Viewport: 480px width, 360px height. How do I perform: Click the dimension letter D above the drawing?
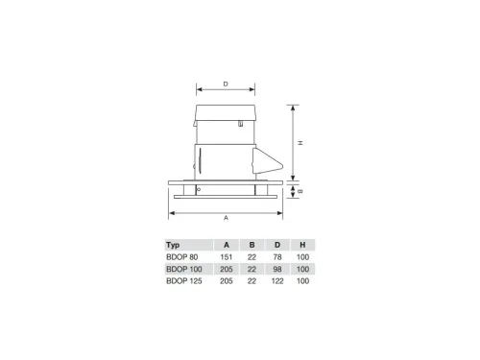point(226,84)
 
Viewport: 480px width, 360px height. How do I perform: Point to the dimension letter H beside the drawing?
point(300,143)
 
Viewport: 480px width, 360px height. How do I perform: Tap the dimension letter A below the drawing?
point(226,218)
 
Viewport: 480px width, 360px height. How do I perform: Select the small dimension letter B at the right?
point(300,191)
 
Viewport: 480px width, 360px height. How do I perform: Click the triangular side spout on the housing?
point(267,160)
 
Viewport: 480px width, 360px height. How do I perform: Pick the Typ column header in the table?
point(173,245)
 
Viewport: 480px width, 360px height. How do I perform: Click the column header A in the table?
point(227,245)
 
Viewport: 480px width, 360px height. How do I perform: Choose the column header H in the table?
point(302,245)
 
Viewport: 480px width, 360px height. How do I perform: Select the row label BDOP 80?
point(182,257)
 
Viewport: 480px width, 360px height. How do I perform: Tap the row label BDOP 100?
point(184,269)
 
